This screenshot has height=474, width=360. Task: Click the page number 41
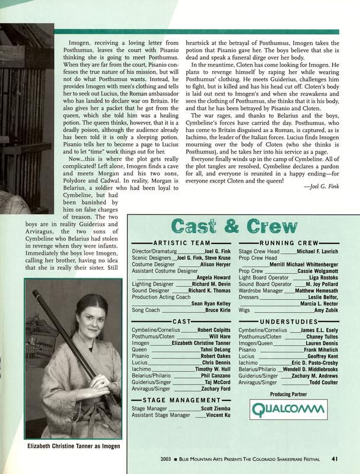[x=334, y=457]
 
